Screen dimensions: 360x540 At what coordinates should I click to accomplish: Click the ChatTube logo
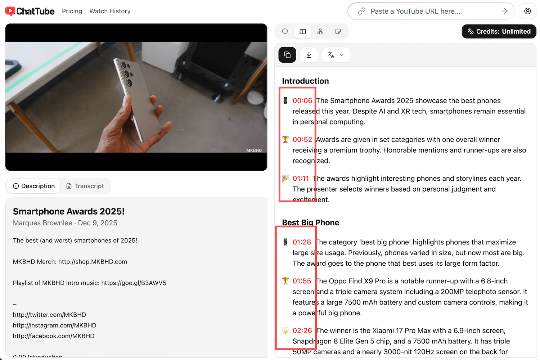(30, 11)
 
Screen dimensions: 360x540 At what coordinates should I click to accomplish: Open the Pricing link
(72, 11)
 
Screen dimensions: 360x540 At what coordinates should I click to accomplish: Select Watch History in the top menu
(110, 11)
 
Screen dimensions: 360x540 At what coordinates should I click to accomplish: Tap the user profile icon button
(527, 11)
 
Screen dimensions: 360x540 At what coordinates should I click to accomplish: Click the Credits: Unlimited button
(499, 31)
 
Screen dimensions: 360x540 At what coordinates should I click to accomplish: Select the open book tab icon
(303, 31)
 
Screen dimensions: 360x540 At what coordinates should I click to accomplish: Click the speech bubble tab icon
(285, 31)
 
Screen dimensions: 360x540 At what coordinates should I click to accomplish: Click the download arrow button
(309, 55)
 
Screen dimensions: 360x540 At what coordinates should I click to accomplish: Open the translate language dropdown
(336, 55)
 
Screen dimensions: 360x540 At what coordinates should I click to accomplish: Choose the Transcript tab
(85, 186)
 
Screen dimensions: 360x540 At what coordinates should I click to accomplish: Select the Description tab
(34, 186)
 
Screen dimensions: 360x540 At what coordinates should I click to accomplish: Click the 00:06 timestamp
(302, 101)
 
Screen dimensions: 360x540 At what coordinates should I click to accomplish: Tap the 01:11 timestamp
(301, 179)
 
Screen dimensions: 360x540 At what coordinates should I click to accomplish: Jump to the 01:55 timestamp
(302, 281)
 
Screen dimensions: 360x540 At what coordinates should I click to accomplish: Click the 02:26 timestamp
(302, 331)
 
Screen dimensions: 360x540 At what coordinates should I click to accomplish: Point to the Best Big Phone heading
(310, 222)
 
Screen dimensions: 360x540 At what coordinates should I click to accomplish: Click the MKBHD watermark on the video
(254, 150)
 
